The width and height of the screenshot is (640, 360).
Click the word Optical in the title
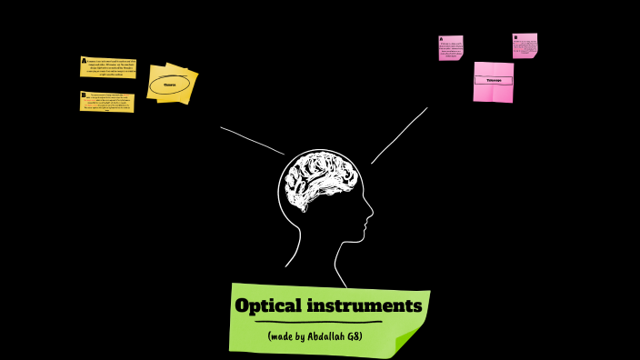point(268,305)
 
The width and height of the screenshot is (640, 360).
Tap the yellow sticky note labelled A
point(108,67)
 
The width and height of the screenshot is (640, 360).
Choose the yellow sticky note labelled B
point(107,101)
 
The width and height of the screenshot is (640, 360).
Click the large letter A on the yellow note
point(84,61)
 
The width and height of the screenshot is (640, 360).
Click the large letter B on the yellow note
point(84,95)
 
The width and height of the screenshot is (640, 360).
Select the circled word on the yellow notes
point(170,85)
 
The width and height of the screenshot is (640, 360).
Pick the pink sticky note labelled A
point(451,47)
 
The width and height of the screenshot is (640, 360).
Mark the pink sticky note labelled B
point(525,45)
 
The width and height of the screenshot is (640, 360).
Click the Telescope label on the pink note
point(494,80)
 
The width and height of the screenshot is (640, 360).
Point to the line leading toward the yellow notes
point(251,140)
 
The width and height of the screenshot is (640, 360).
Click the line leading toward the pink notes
point(400,135)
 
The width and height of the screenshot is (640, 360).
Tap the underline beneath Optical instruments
point(318,322)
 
